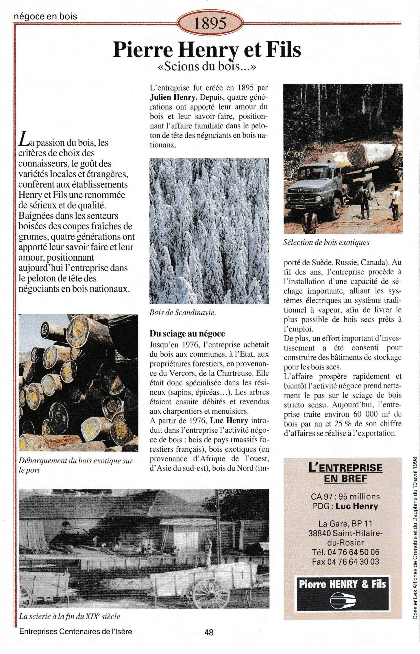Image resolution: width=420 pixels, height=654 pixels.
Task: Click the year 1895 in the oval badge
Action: click(x=210, y=24)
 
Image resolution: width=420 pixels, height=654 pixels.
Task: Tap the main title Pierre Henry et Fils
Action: click(x=207, y=50)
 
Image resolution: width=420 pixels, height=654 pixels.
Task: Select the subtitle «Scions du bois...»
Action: click(x=207, y=67)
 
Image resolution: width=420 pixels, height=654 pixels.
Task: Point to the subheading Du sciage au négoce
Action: click(x=187, y=333)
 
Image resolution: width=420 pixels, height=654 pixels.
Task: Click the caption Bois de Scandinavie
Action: click(x=183, y=313)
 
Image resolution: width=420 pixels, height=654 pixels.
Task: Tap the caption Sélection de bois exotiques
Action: click(x=327, y=242)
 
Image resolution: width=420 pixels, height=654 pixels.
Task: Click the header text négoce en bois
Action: click(x=45, y=16)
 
